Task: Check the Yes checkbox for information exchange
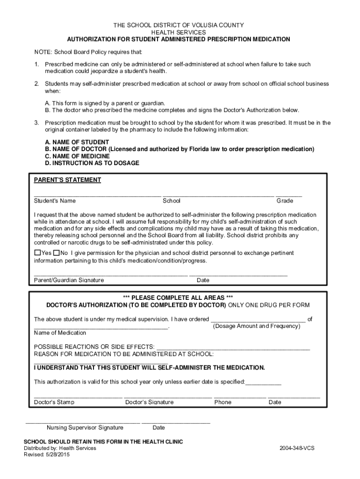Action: click(37, 253)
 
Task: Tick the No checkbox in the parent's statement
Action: click(56, 253)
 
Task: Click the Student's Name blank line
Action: click(97, 195)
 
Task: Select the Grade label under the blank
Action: click(285, 201)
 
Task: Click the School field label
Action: click(171, 201)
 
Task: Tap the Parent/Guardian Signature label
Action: click(69, 280)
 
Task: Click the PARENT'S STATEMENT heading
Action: click(67, 180)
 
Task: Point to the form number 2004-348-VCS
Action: click(297, 448)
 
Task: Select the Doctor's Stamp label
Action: click(54, 402)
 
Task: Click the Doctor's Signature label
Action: click(149, 402)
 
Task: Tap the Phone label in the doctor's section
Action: click(223, 402)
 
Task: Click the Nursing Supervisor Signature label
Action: click(85, 428)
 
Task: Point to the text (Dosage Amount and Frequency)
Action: click(256, 326)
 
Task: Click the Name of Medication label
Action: click(60, 333)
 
